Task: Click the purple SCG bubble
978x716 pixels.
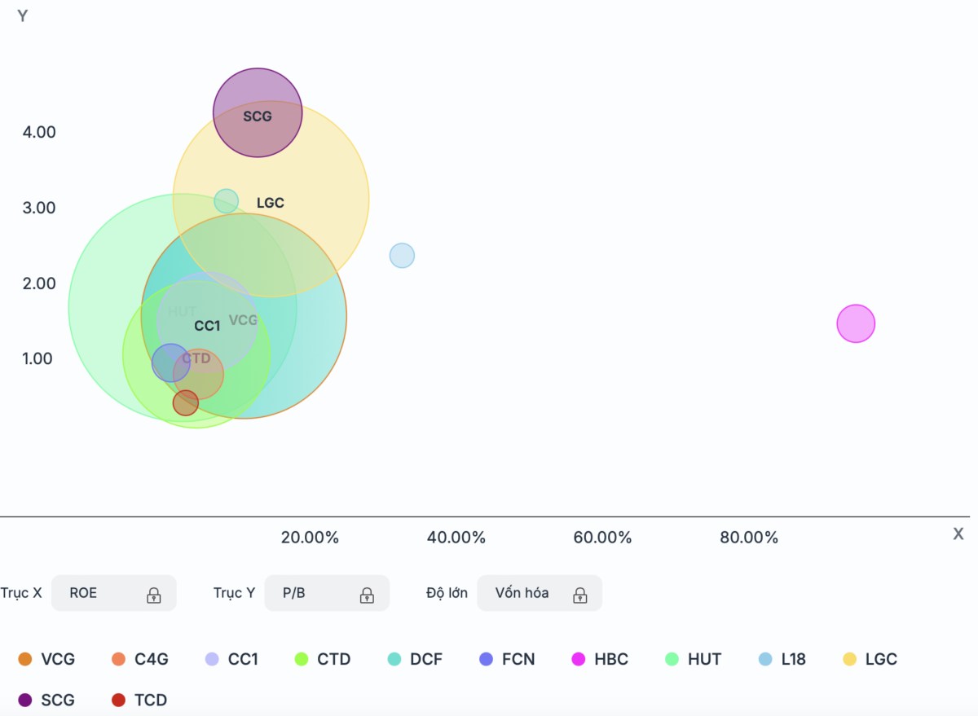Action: click(x=258, y=112)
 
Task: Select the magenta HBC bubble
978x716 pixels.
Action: click(x=856, y=323)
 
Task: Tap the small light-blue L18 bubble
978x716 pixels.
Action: click(x=402, y=256)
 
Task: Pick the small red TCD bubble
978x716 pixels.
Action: click(x=186, y=402)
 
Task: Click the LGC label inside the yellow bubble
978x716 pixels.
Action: click(x=271, y=203)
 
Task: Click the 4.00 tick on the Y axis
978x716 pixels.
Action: click(x=39, y=132)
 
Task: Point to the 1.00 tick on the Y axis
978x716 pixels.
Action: click(x=39, y=358)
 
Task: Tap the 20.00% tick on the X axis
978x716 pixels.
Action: click(x=310, y=538)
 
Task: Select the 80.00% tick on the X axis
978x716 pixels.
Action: click(x=749, y=538)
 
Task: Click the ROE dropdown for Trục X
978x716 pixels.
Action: click(x=113, y=593)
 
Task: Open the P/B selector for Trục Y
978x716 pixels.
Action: click(x=326, y=593)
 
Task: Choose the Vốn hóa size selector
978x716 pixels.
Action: click(x=539, y=593)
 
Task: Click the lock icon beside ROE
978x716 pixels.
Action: click(x=153, y=595)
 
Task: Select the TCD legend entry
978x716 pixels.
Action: click(x=139, y=700)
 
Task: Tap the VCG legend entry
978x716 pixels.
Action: click(x=47, y=659)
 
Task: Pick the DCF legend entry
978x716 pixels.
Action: click(x=416, y=659)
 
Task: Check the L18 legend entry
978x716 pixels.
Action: click(x=782, y=659)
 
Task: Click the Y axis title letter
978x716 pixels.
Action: click(x=23, y=16)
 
